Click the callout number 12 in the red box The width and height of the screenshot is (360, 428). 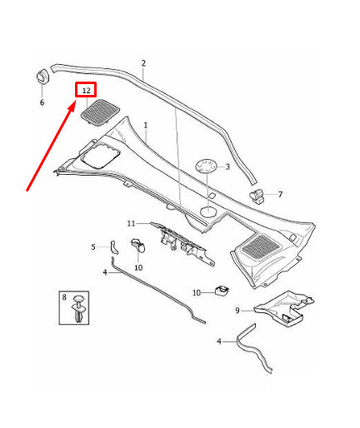click(x=87, y=91)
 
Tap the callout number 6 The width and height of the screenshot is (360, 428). click(x=42, y=102)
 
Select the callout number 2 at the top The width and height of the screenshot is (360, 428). click(x=143, y=63)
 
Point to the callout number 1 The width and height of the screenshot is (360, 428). click(x=146, y=126)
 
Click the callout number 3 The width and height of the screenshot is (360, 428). click(x=227, y=167)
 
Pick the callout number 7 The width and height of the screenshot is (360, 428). click(x=280, y=195)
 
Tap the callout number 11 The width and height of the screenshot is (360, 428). click(x=131, y=223)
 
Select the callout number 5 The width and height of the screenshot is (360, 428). click(x=93, y=246)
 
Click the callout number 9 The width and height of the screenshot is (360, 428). click(x=237, y=311)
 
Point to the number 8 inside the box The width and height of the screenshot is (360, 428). click(x=64, y=297)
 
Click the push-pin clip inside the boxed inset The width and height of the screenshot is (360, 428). click(x=79, y=309)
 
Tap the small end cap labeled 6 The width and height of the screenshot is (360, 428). click(x=42, y=75)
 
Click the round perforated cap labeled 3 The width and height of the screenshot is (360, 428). click(x=207, y=167)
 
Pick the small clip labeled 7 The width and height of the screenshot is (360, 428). click(x=257, y=196)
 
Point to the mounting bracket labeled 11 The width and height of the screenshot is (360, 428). click(x=182, y=243)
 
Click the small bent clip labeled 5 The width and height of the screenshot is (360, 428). click(x=114, y=247)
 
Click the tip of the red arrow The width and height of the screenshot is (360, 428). click(x=75, y=102)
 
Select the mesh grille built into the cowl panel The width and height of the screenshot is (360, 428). click(x=260, y=246)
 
